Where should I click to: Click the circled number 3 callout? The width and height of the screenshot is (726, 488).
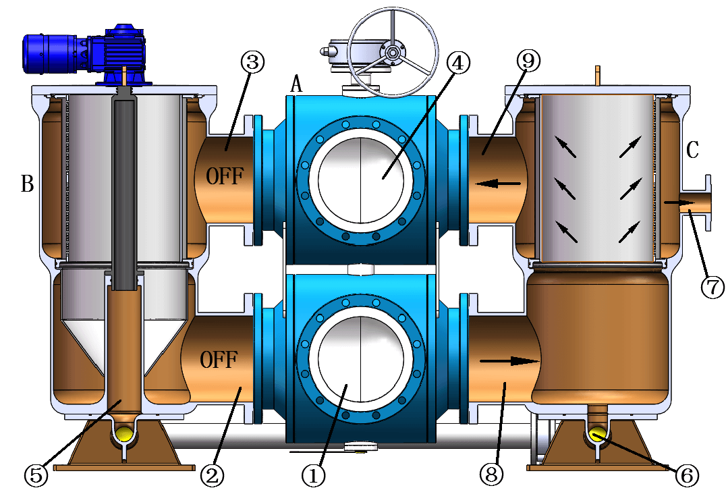tap(253, 62)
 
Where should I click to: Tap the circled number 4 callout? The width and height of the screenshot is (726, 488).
tap(457, 62)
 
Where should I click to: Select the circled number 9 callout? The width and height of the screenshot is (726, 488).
tap(528, 60)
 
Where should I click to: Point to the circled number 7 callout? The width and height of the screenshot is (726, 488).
tap(712, 287)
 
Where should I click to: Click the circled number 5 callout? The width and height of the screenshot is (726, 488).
tap(36, 475)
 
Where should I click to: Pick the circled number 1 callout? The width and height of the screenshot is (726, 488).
tap(314, 475)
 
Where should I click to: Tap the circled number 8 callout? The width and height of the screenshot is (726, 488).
tap(492, 475)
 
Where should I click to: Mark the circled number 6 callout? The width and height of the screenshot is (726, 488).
tap(687, 475)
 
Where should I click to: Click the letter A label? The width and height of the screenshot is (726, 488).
tap(296, 84)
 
